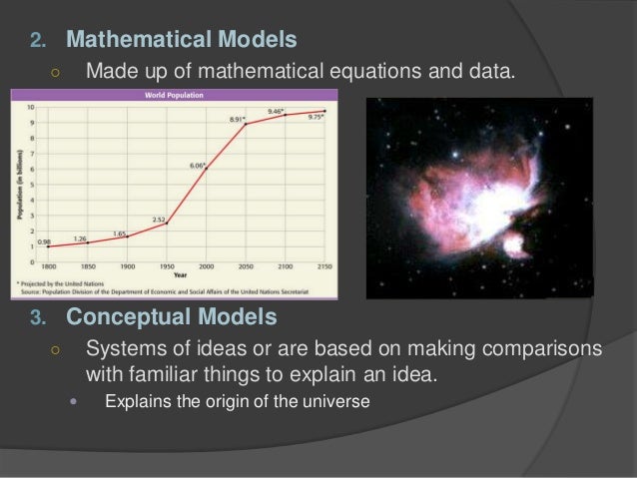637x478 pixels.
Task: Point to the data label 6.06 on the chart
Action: [197, 165]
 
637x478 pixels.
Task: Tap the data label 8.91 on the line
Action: [237, 119]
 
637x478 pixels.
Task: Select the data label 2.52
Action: [159, 219]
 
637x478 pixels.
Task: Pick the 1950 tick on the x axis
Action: [166, 266]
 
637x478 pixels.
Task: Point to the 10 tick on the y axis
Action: [32, 106]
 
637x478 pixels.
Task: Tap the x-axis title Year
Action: [182, 274]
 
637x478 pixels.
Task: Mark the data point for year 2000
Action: [207, 170]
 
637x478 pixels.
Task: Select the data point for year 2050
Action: [247, 124]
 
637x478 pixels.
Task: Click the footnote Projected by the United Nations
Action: [60, 283]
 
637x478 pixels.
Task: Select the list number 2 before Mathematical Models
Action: [39, 42]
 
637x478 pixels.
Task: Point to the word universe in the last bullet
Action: [340, 402]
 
